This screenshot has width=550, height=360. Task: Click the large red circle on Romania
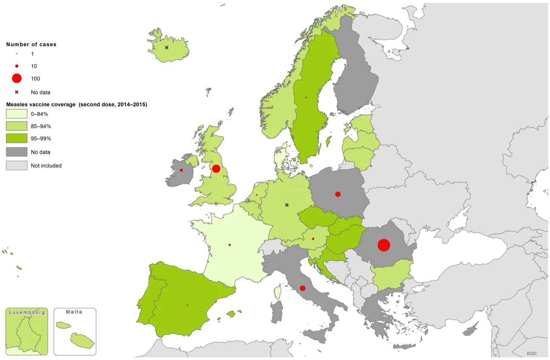(x=384, y=245)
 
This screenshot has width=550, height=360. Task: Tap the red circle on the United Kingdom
(x=216, y=169)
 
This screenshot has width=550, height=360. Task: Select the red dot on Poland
(x=338, y=194)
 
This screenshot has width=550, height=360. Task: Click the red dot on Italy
(x=302, y=288)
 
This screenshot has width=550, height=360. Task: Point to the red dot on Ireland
(x=181, y=170)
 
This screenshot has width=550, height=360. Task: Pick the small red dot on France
(x=230, y=245)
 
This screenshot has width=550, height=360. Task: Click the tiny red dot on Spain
(x=187, y=305)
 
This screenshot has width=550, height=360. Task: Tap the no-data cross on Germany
(x=287, y=205)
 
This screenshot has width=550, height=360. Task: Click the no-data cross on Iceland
(x=167, y=47)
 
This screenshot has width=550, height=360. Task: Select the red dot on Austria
(x=313, y=239)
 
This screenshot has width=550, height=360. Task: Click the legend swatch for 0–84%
(x=17, y=114)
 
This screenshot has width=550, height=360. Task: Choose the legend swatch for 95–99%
(x=17, y=138)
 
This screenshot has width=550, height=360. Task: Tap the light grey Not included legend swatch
(x=17, y=165)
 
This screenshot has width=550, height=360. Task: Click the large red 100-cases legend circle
(x=17, y=78)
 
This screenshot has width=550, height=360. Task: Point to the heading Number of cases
(x=31, y=44)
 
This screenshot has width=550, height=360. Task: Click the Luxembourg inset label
(x=27, y=312)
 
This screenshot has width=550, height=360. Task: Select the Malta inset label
(x=74, y=312)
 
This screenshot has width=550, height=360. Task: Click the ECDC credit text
(x=532, y=353)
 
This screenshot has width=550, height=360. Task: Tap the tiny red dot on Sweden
(x=306, y=98)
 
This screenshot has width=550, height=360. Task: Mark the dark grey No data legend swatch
(x=17, y=152)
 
